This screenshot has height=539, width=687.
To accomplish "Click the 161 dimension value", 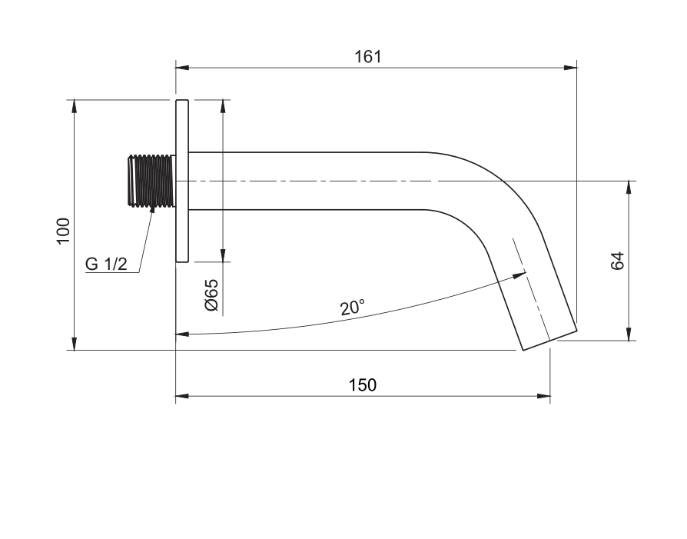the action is pos(367,57).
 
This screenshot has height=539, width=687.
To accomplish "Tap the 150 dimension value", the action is pos(363,385).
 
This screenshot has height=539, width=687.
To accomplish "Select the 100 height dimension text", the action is pos(64,231).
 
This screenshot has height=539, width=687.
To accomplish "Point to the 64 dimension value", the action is pos(617,261).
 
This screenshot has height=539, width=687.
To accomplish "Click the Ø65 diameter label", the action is pos(211,294).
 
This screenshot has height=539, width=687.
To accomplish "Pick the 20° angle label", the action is pos(352,308).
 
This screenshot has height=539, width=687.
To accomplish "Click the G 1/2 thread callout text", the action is pos(106,264).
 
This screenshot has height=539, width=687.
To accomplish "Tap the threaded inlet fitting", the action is pos(151,180).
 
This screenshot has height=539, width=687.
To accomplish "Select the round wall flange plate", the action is pos(182,181).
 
